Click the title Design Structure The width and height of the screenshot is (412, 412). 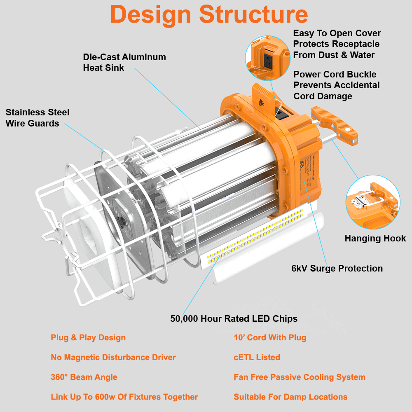pos(209,15)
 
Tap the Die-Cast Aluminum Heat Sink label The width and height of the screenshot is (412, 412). pos(124,62)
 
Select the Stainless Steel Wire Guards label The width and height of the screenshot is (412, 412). pos(37,118)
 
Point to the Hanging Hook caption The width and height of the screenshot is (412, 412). pos(375,239)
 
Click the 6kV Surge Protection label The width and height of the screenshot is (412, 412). pos(337,269)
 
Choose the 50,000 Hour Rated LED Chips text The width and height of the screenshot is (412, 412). pos(234,319)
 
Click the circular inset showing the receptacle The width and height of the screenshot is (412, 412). pos(267,58)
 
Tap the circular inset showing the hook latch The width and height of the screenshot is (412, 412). pos(373,202)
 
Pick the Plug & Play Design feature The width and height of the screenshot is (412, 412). pos(88,338)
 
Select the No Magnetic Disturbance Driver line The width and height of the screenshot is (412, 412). pos(113,358)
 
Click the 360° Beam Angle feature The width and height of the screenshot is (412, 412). pos(84,377)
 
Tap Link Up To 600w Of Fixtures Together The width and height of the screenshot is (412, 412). pos(124,397)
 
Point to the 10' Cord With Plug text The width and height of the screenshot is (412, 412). pos(270,338)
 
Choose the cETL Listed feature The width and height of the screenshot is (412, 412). pos(257,358)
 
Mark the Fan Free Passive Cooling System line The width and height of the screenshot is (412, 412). pos(299,377)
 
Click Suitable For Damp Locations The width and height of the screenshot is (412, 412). pos(290,397)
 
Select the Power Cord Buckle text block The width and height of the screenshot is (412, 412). pos(336,85)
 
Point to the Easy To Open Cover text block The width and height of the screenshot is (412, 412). pos(337,44)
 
